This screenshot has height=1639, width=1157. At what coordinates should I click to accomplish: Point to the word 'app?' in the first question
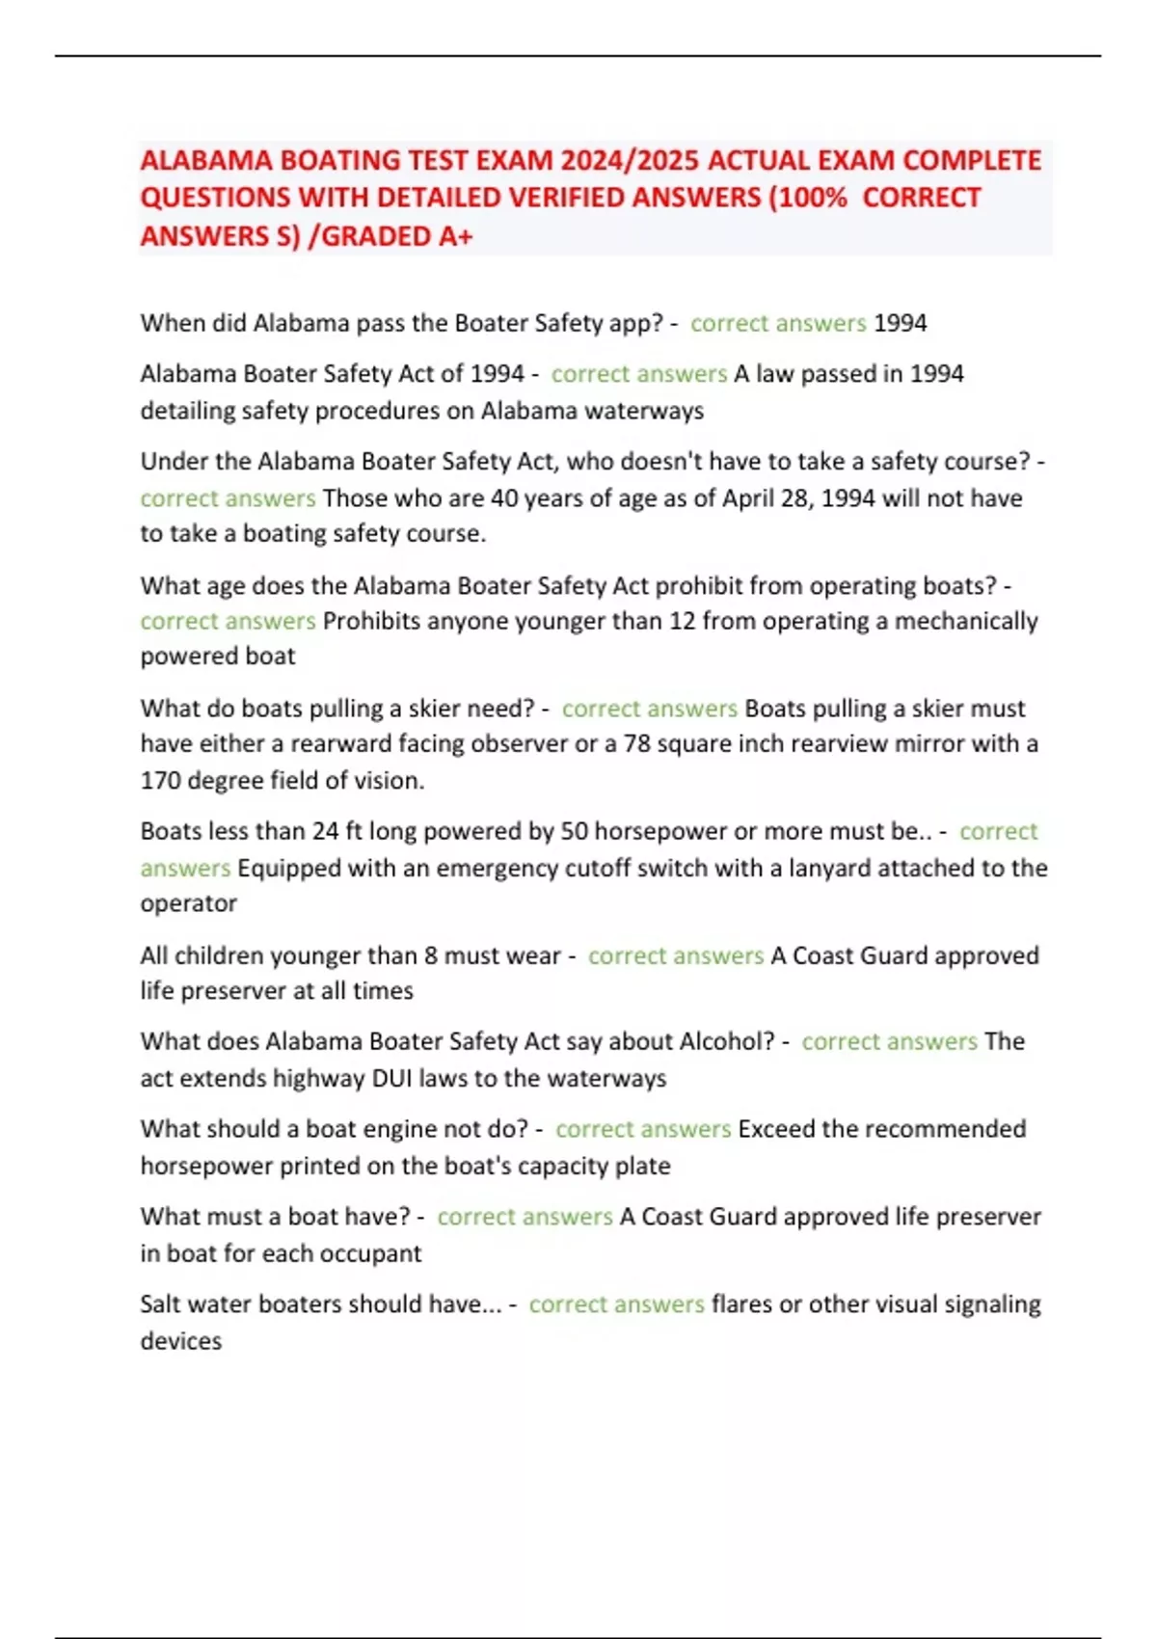click(x=636, y=323)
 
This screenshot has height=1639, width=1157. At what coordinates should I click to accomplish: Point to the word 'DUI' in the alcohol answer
click(x=392, y=1078)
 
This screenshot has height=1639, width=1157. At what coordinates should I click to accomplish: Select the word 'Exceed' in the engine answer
click(x=773, y=1129)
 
